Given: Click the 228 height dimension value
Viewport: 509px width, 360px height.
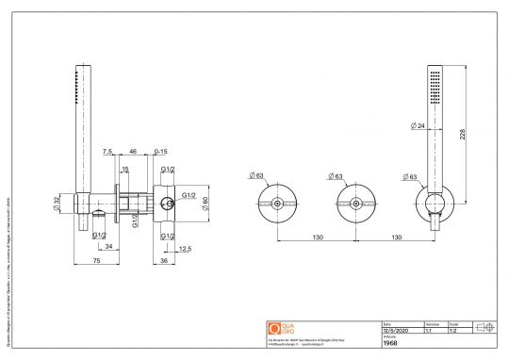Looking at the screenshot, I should click(462, 135).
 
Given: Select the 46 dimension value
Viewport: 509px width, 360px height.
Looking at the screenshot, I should click(133, 151).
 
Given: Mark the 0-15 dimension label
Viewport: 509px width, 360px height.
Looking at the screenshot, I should click(161, 151).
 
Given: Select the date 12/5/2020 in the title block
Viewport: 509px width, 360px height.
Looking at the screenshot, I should click(396, 331).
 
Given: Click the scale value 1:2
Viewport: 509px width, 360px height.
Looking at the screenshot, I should click(452, 331).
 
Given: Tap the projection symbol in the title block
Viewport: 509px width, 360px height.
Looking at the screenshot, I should click(487, 328).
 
